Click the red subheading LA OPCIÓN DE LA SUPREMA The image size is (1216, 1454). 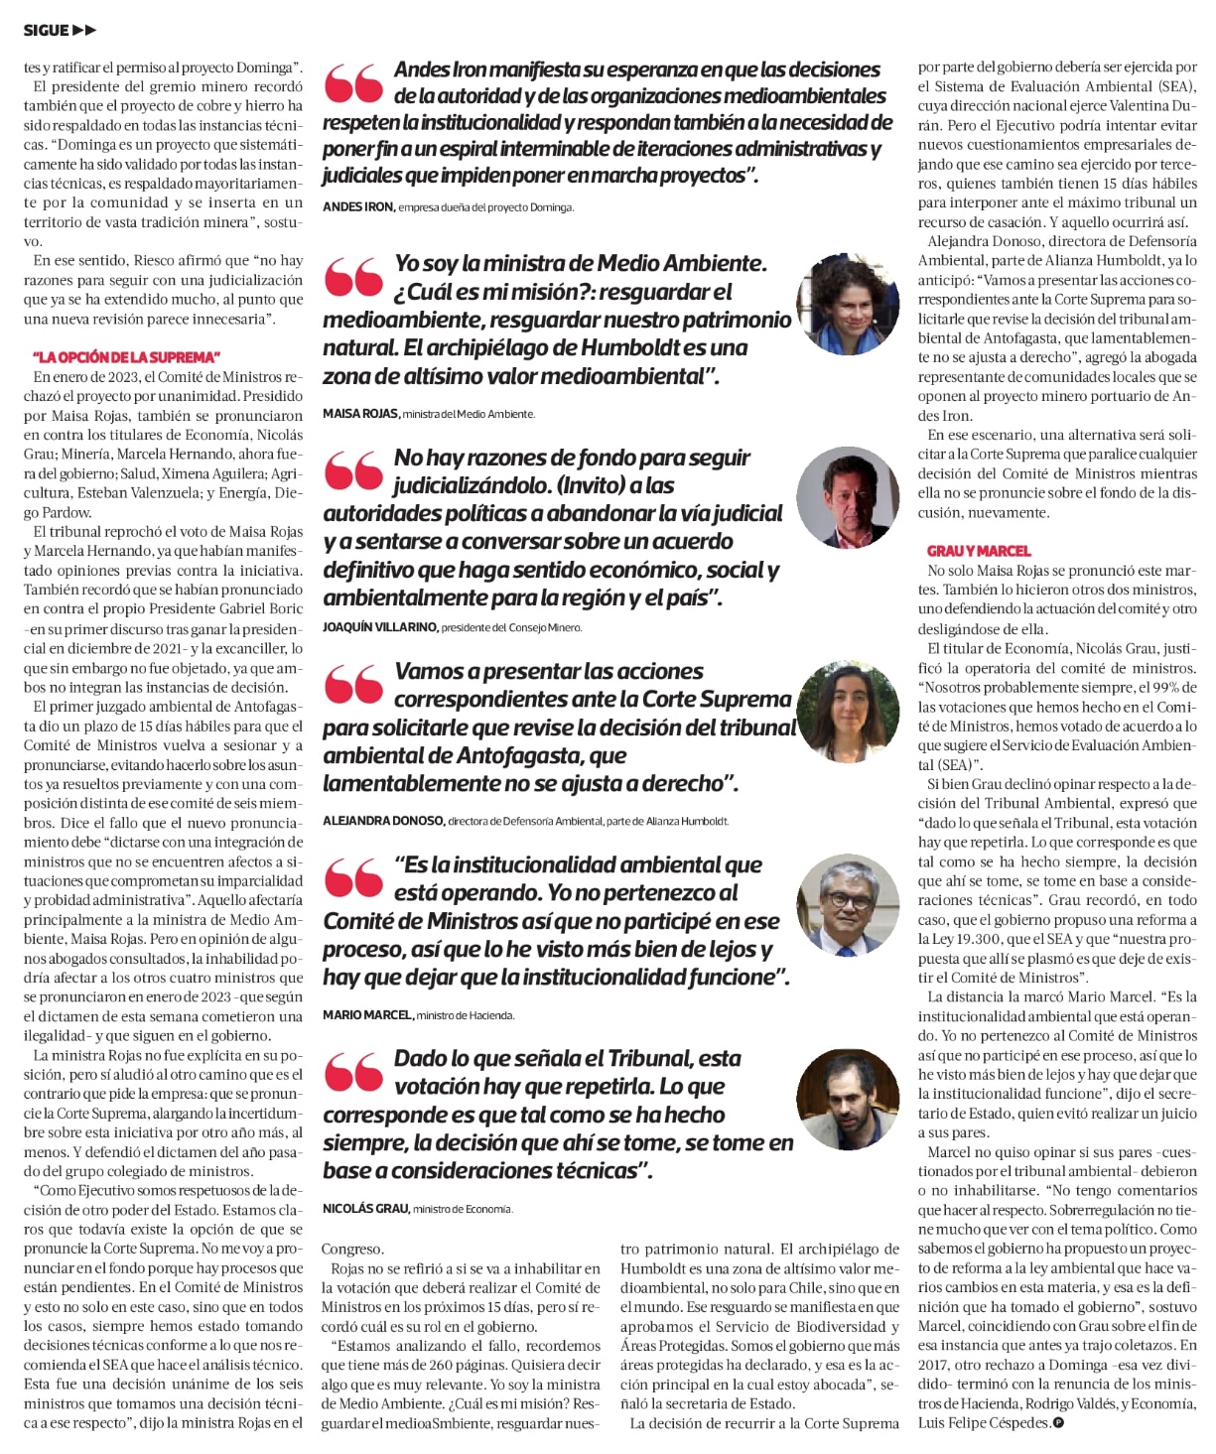pos(126,357)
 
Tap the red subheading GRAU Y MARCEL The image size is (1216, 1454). pos(979,551)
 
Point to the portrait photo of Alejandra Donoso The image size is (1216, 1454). pos(848,711)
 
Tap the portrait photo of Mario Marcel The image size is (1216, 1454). pos(848,905)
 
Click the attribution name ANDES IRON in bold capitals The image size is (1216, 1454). pos(357,207)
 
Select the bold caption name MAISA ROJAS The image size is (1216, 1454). pos(360,414)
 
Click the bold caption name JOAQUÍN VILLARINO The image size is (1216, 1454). pos(380,627)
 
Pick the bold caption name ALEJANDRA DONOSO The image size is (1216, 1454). pos(383,821)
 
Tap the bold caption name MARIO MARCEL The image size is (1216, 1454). pos(367,1015)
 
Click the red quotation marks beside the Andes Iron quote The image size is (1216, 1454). pos(353,83)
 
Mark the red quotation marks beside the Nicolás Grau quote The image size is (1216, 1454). pos(353,1072)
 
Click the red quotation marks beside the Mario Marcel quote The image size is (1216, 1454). pos(353,878)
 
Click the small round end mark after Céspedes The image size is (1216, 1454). pos(1058,1423)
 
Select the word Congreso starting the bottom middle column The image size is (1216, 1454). pos(352,1250)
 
